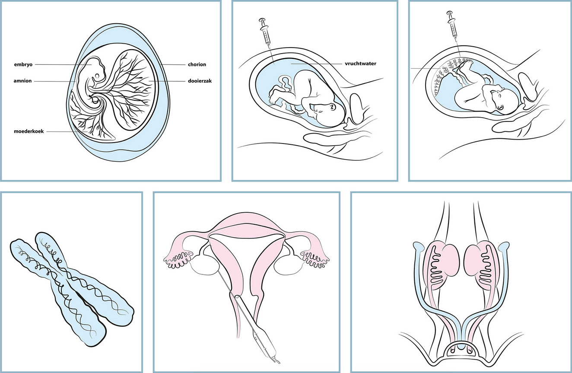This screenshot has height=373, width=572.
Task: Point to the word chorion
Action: click(x=197, y=64)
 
